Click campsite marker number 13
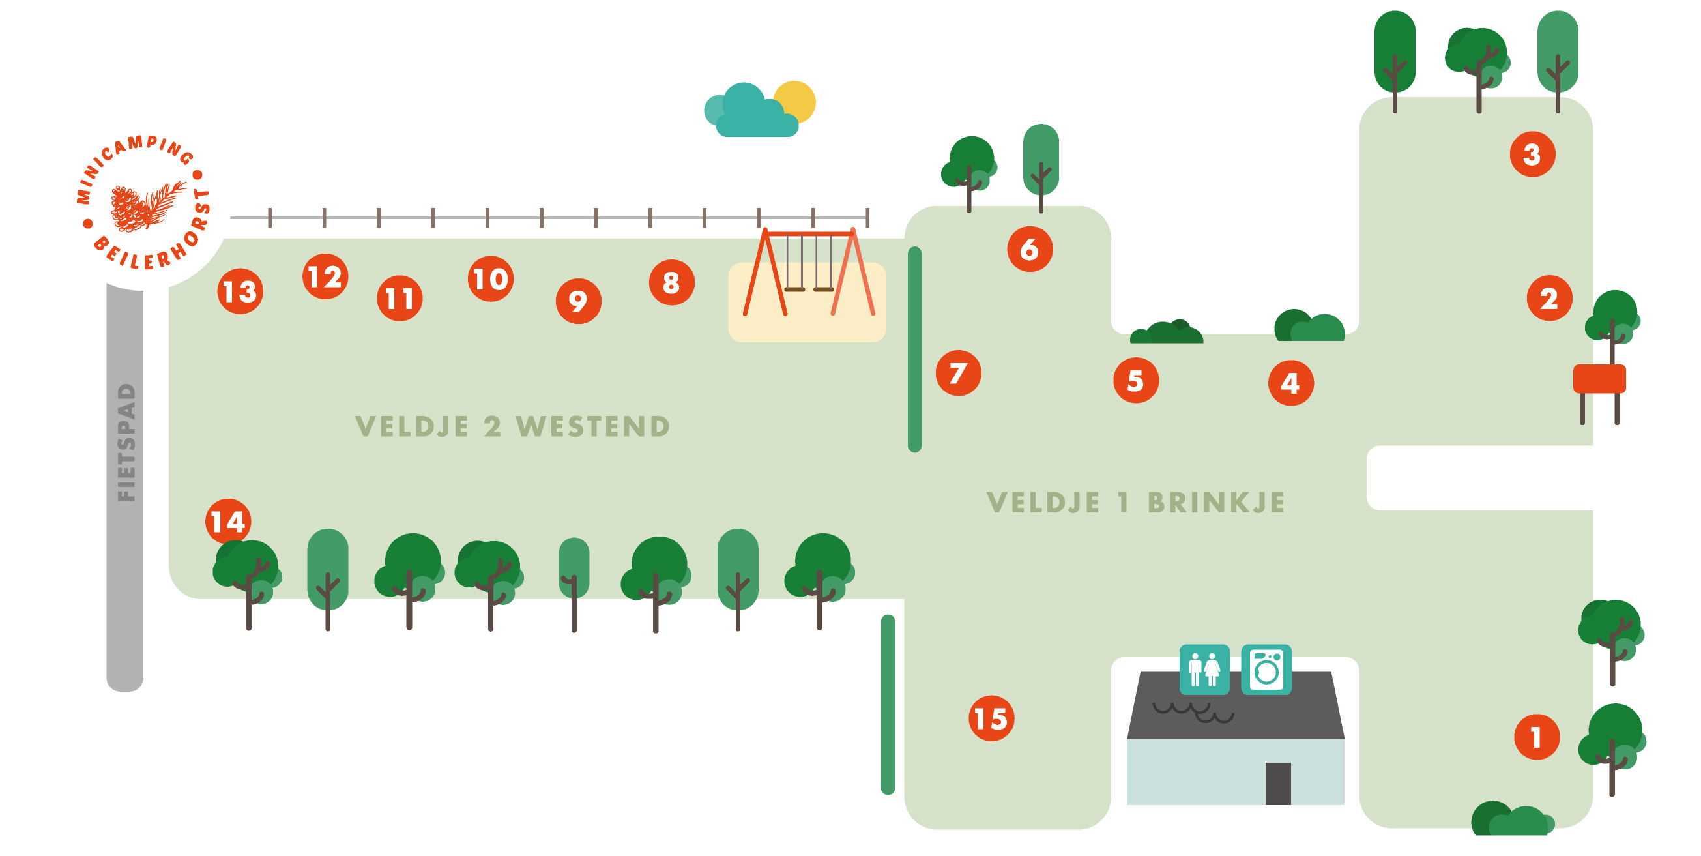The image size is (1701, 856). pyautogui.click(x=240, y=291)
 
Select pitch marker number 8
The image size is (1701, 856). pyautogui.click(x=671, y=283)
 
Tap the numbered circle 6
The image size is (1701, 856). pyautogui.click(x=1030, y=249)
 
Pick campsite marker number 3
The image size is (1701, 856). pyautogui.click(x=1532, y=155)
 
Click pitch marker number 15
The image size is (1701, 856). pyautogui.click(x=991, y=718)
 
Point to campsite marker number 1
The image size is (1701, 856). pyautogui.click(x=1537, y=737)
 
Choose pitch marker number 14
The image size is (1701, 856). pyautogui.click(x=228, y=522)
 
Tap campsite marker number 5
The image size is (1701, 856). pyautogui.click(x=1136, y=381)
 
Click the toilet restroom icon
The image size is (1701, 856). pyautogui.click(x=1204, y=669)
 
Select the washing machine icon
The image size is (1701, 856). pyautogui.click(x=1266, y=669)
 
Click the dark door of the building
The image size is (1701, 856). pyautogui.click(x=1278, y=784)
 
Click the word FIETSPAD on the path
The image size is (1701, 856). pyautogui.click(x=126, y=443)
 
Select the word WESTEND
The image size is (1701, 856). pyautogui.click(x=592, y=426)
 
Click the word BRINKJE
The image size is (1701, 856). pyautogui.click(x=1216, y=503)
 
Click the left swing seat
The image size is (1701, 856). pyautogui.click(x=794, y=289)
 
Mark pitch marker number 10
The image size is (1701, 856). pyautogui.click(x=491, y=279)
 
